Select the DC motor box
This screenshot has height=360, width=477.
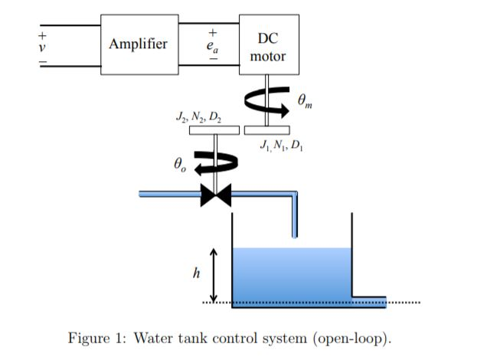(x=267, y=46)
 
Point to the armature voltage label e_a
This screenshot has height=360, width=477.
(x=214, y=46)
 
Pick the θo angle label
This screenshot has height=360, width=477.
(x=180, y=163)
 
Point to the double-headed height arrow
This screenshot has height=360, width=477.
(x=215, y=275)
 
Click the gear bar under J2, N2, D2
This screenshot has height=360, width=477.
(x=214, y=129)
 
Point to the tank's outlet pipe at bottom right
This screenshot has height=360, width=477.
(x=368, y=300)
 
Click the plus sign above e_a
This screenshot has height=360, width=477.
(x=214, y=33)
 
